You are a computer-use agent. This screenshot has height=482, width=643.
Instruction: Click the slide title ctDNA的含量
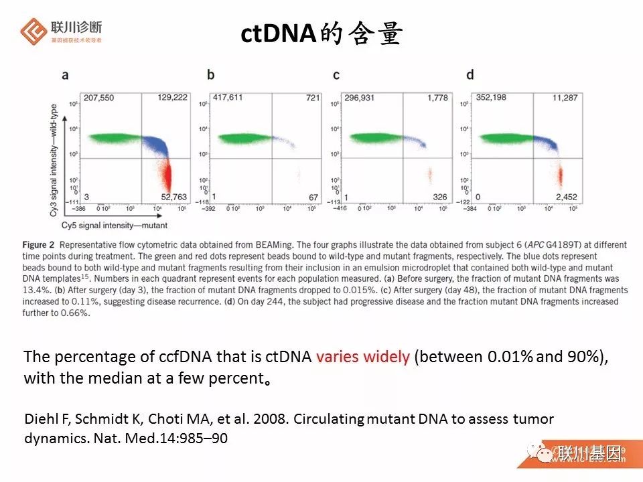pos(321,34)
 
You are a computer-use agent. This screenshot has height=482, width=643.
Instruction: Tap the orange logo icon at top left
pos(33,31)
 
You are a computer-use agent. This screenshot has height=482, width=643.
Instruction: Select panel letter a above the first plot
pos(65,75)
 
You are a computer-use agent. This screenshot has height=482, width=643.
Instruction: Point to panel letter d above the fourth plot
pos(470,75)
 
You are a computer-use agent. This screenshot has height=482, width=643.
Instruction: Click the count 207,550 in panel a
pos(98,98)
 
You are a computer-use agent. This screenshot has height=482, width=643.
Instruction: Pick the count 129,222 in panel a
pos(172,98)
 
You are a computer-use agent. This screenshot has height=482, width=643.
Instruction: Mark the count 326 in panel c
pos(439,197)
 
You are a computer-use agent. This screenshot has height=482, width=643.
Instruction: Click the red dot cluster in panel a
pos(168,178)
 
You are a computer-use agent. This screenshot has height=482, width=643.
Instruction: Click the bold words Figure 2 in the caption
pos(43,245)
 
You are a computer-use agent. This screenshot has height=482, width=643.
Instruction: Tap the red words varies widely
pos(362,356)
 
